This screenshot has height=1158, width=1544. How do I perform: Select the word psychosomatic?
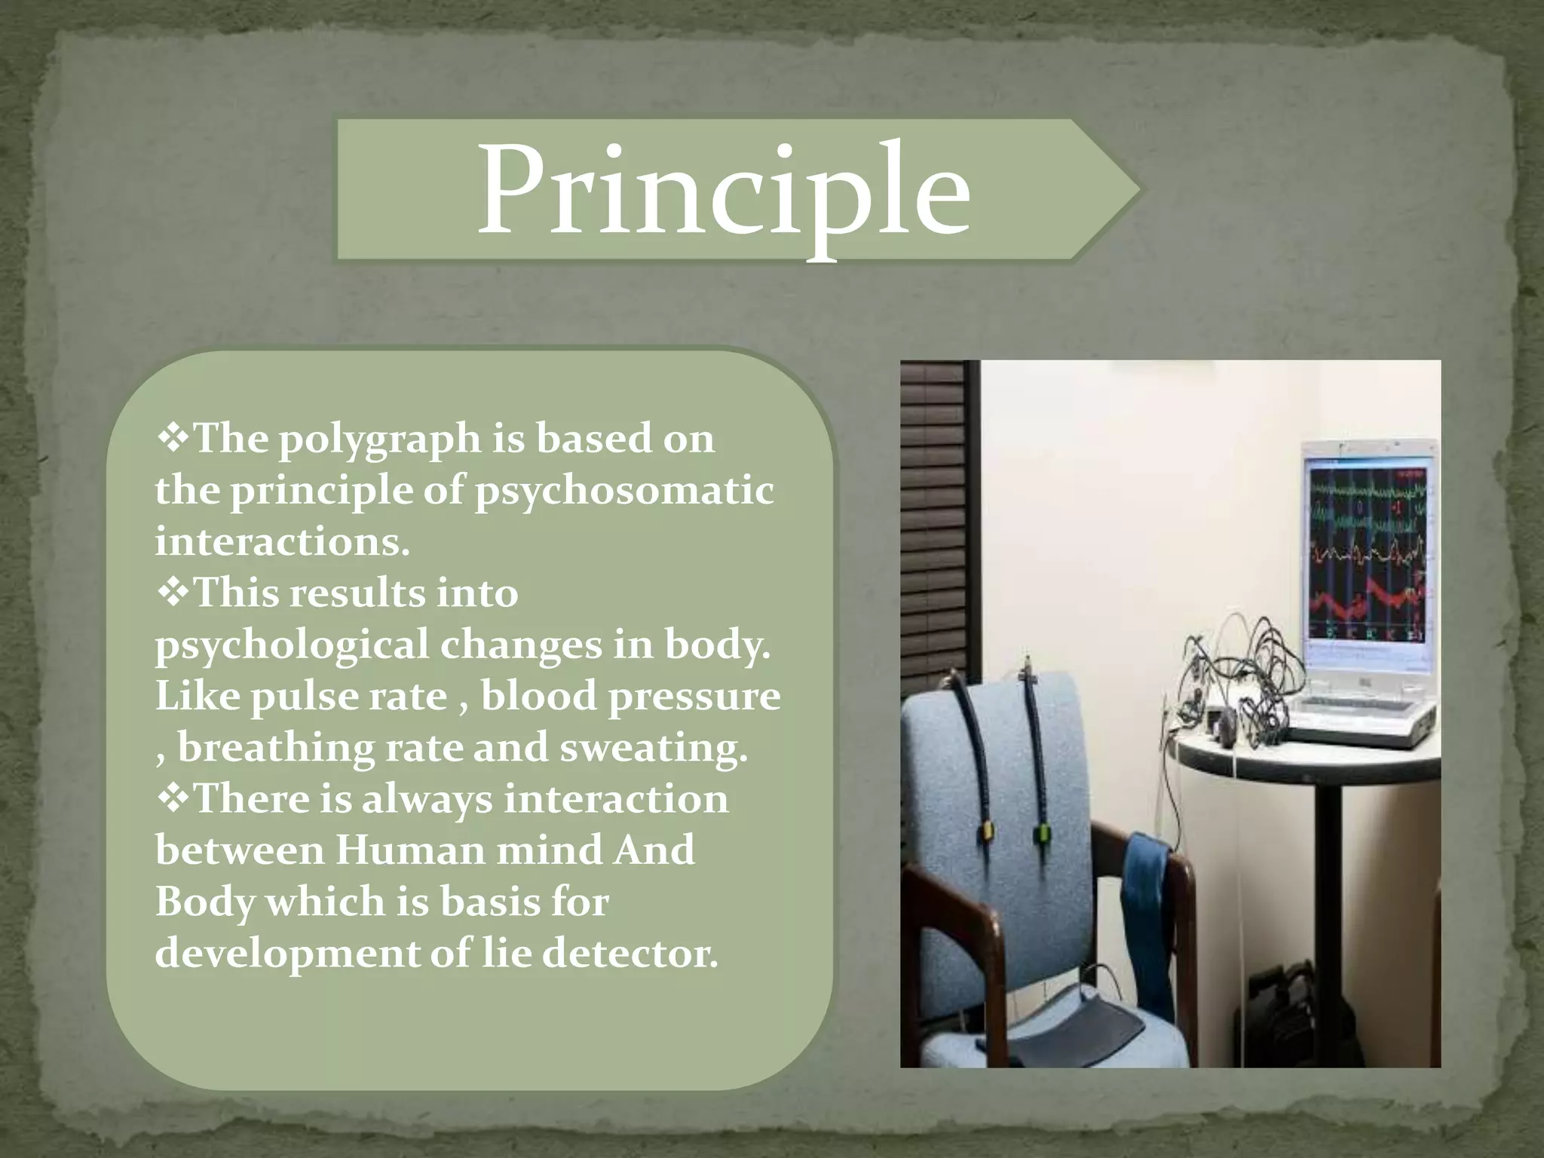[x=624, y=492]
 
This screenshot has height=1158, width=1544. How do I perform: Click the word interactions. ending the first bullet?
[x=282, y=542]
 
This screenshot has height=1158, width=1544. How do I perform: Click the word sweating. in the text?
[x=654, y=748]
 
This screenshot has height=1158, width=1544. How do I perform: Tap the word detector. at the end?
[x=630, y=954]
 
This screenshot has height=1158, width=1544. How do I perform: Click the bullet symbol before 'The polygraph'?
[x=173, y=439]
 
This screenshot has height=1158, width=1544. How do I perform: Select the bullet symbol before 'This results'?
[x=173, y=593]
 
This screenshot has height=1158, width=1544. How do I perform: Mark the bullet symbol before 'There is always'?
[x=173, y=799]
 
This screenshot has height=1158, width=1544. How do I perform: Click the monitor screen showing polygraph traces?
[x=1367, y=551]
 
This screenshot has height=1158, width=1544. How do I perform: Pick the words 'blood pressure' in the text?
[x=630, y=696]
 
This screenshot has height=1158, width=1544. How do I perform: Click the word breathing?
[x=275, y=748]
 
